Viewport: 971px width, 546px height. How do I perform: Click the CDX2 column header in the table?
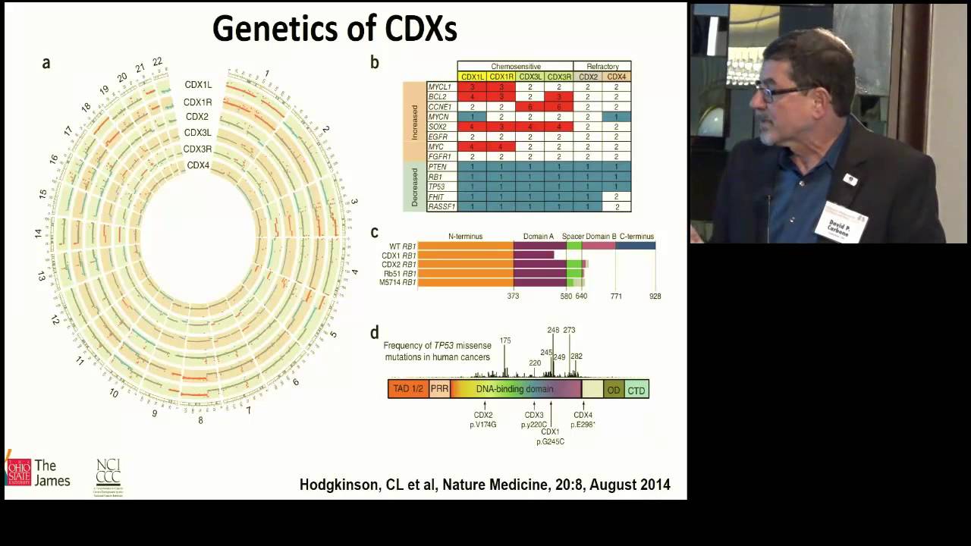pos(588,77)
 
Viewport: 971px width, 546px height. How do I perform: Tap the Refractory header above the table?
pos(602,67)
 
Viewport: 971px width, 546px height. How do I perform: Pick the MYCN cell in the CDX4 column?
pos(617,117)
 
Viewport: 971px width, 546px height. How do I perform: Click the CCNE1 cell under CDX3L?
pos(529,107)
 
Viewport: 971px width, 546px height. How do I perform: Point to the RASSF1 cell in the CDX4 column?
pos(617,206)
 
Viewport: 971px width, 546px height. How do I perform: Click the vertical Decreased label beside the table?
pos(414,187)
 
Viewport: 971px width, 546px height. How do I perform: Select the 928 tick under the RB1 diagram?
pos(655,297)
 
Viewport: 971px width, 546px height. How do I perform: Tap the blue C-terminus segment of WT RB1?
pos(636,246)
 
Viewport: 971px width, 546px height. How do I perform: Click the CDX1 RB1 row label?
pos(400,256)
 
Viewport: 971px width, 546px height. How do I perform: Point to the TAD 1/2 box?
pos(407,390)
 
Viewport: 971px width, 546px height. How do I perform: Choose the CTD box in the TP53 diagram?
pos(636,391)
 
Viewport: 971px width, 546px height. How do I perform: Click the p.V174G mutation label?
pos(483,425)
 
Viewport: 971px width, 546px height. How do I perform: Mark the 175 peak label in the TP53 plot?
pos(505,340)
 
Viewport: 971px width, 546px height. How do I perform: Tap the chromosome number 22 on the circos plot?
pos(157,62)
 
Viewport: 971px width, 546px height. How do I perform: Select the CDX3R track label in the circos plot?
pos(197,149)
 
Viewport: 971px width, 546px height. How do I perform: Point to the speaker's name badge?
pos(841,223)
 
